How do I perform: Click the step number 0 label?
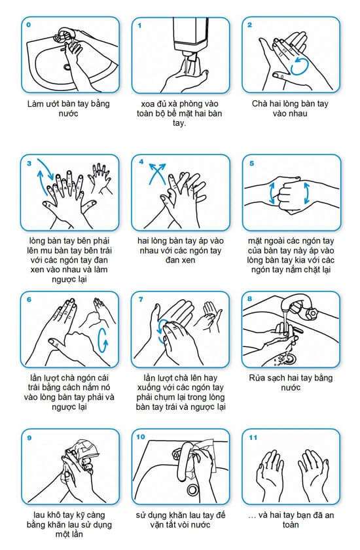pyautogui.click(x=29, y=25)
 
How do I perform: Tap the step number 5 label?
pyautogui.click(x=252, y=164)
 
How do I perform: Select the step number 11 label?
pyautogui.click(x=253, y=437)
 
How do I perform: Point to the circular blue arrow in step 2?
pyautogui.click(x=299, y=66)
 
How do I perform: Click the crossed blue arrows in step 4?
pyautogui.click(x=156, y=174)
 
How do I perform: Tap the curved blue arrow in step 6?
pyautogui.click(x=103, y=340)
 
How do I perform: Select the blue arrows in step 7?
pyautogui.click(x=162, y=331)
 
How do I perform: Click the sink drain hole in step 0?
pyautogui.click(x=67, y=66)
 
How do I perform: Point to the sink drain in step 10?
pyautogui.click(x=192, y=489)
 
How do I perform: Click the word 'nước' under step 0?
pyautogui.click(x=69, y=114)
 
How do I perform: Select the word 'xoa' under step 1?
pyautogui.click(x=148, y=104)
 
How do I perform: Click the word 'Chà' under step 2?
pyautogui.click(x=260, y=104)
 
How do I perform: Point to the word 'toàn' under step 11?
pyautogui.click(x=291, y=524)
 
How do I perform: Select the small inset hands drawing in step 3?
pyautogui.click(x=101, y=179)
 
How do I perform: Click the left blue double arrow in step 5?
pyautogui.click(x=272, y=192)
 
